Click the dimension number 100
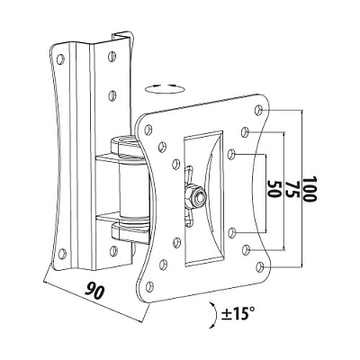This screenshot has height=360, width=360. [x=310, y=189]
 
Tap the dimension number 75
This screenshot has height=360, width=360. [x=292, y=189]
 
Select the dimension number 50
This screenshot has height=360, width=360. [x=274, y=189]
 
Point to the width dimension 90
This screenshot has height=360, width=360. [x=94, y=291]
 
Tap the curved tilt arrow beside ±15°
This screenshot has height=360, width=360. [x=215, y=314]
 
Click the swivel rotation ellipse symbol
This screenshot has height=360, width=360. [x=164, y=89]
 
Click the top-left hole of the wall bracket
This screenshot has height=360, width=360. [x=60, y=58]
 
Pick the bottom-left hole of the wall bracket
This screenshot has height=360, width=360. [x=62, y=254]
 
